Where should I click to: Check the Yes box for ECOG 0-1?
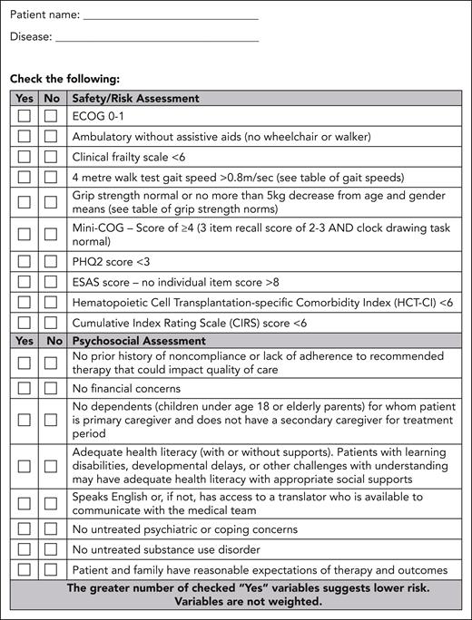click(25, 117)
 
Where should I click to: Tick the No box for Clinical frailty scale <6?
click(51, 156)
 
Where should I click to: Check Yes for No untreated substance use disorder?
click(25, 549)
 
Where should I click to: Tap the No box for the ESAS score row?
click(51, 282)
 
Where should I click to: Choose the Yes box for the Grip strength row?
click(25, 202)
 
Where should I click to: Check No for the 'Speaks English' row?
click(51, 503)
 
